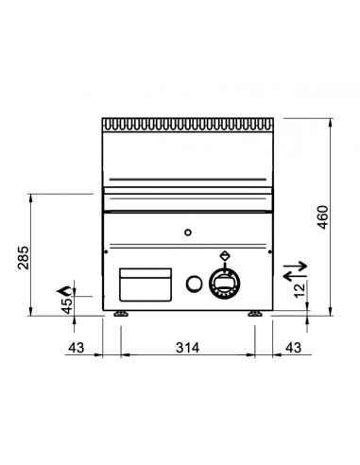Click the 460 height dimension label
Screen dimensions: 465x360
pyautogui.click(x=323, y=216)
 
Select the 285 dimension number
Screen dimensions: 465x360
pyautogui.click(x=24, y=256)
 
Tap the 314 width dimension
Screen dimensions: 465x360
pyautogui.click(x=187, y=348)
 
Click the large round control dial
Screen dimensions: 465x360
pyautogui.click(x=225, y=281)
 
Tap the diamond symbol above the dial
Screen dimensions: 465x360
pyautogui.click(x=224, y=254)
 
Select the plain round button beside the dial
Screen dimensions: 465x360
pyautogui.click(x=193, y=282)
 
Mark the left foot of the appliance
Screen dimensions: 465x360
pyautogui.click(x=120, y=314)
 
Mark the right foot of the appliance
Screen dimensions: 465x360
pyautogui.click(x=255, y=314)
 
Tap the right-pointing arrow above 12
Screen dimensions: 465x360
pyautogui.click(x=295, y=267)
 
